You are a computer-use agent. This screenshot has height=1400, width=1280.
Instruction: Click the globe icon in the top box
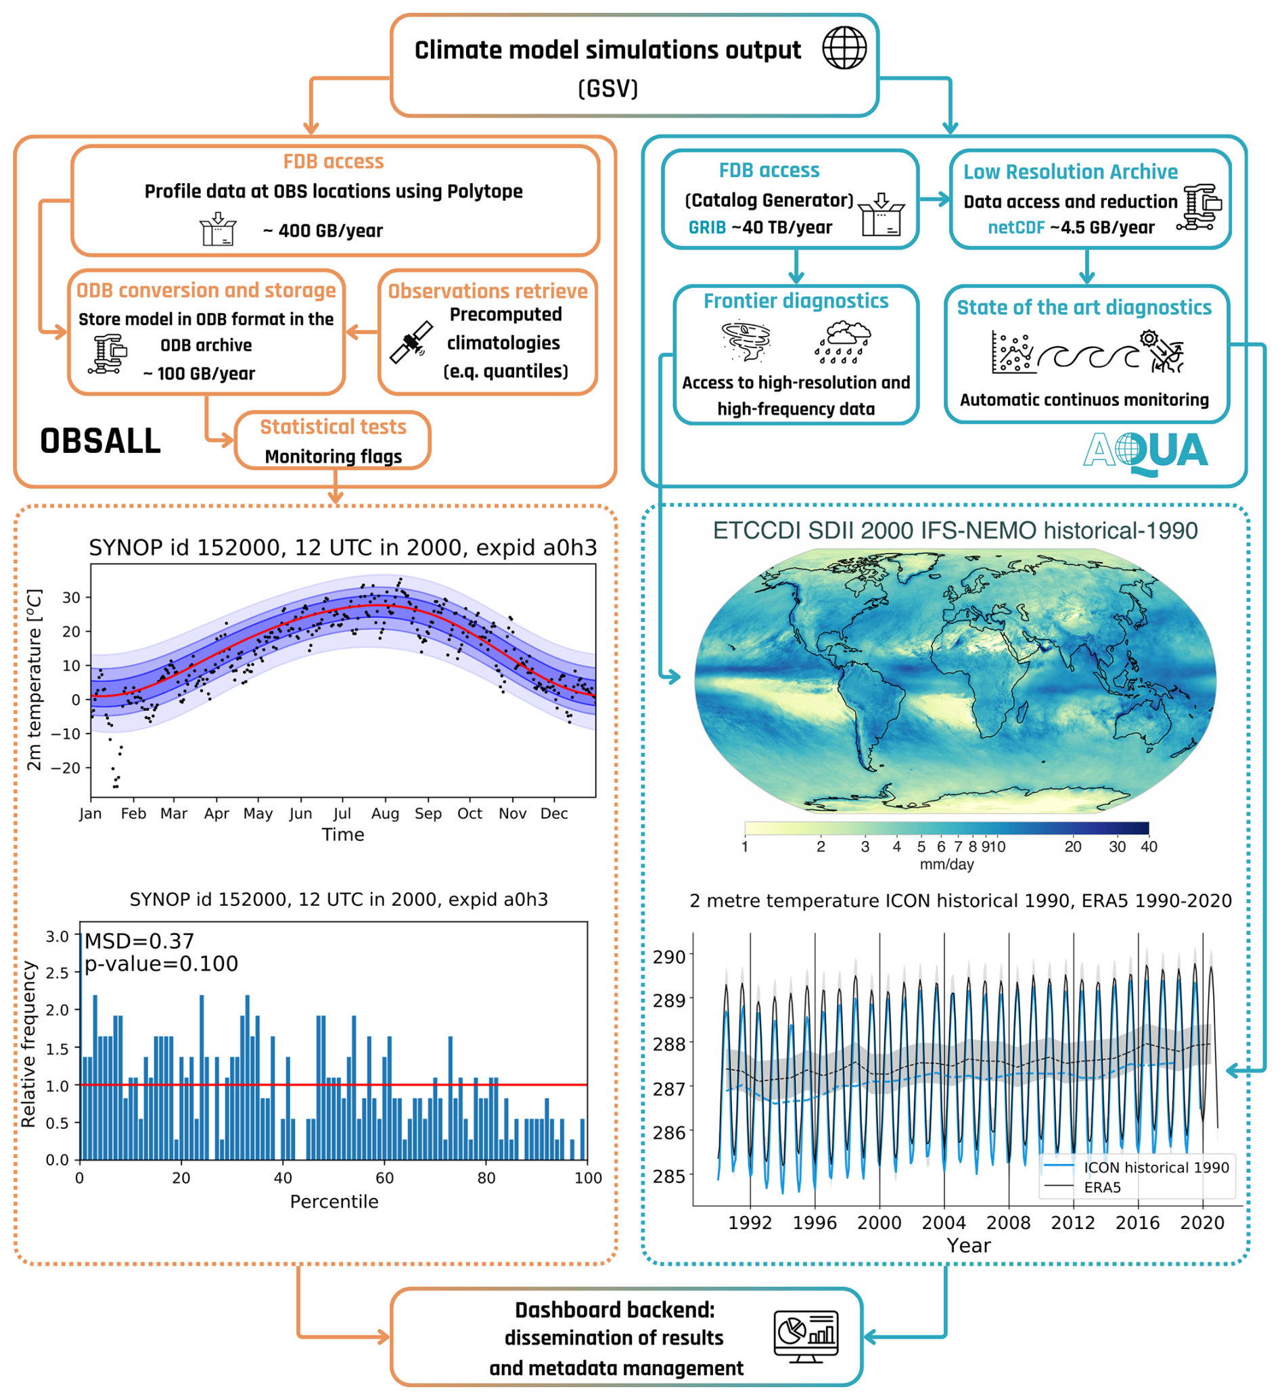pyautogui.click(x=844, y=48)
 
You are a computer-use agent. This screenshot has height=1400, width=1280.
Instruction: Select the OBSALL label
pyautogui.click(x=100, y=441)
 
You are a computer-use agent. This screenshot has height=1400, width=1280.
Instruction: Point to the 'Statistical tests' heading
pyautogui.click(x=333, y=427)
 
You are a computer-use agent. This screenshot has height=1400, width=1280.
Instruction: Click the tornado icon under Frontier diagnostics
pyautogui.click(x=746, y=341)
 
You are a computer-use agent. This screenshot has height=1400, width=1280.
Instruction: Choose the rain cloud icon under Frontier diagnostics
pyautogui.click(x=843, y=341)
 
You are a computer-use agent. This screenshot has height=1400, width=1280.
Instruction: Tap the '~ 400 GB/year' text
pyautogui.click(x=323, y=231)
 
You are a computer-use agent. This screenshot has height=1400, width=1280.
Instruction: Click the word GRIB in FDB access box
pyautogui.click(x=707, y=227)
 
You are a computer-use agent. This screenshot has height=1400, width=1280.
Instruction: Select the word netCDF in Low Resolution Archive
pyautogui.click(x=1016, y=227)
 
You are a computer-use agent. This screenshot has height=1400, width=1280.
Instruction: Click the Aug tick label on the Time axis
pyautogui.click(x=385, y=813)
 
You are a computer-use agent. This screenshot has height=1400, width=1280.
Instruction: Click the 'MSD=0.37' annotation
pyautogui.click(x=139, y=941)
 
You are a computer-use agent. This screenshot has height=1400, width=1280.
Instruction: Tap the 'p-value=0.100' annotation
pyautogui.click(x=161, y=964)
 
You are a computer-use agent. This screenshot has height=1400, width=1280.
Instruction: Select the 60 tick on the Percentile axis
pyautogui.click(x=384, y=1178)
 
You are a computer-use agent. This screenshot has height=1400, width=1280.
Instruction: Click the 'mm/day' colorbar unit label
pyautogui.click(x=946, y=864)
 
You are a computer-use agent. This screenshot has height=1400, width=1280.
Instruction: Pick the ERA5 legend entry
pyautogui.click(x=1102, y=1187)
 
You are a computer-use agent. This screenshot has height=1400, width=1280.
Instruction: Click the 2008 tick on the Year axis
pyautogui.click(x=1008, y=1222)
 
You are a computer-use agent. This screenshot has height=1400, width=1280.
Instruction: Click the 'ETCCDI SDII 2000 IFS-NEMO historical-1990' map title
pyautogui.click(x=955, y=531)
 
